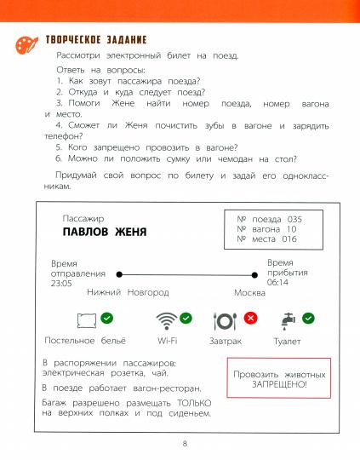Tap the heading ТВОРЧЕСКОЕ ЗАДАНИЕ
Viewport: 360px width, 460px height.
[x=95, y=40]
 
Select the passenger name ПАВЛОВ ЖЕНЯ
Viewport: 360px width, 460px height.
[x=105, y=232]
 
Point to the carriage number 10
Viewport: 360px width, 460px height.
[x=291, y=230]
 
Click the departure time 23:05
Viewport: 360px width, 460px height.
[x=62, y=285]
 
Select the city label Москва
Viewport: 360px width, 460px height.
[x=253, y=293]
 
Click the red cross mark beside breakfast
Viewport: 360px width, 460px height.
[x=250, y=318]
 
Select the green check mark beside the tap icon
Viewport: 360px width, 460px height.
[x=308, y=318]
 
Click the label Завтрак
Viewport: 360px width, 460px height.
[x=226, y=341]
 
